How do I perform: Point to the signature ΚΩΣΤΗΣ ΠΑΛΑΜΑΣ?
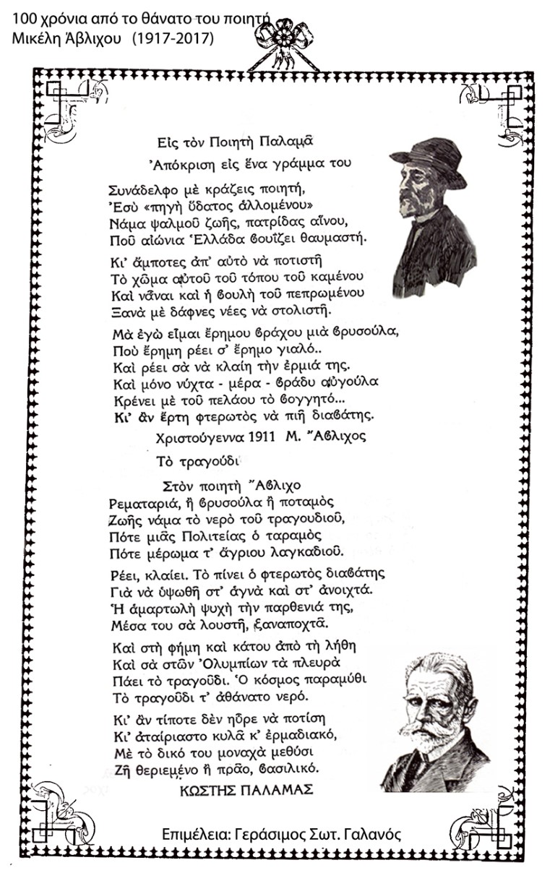[246, 790]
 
